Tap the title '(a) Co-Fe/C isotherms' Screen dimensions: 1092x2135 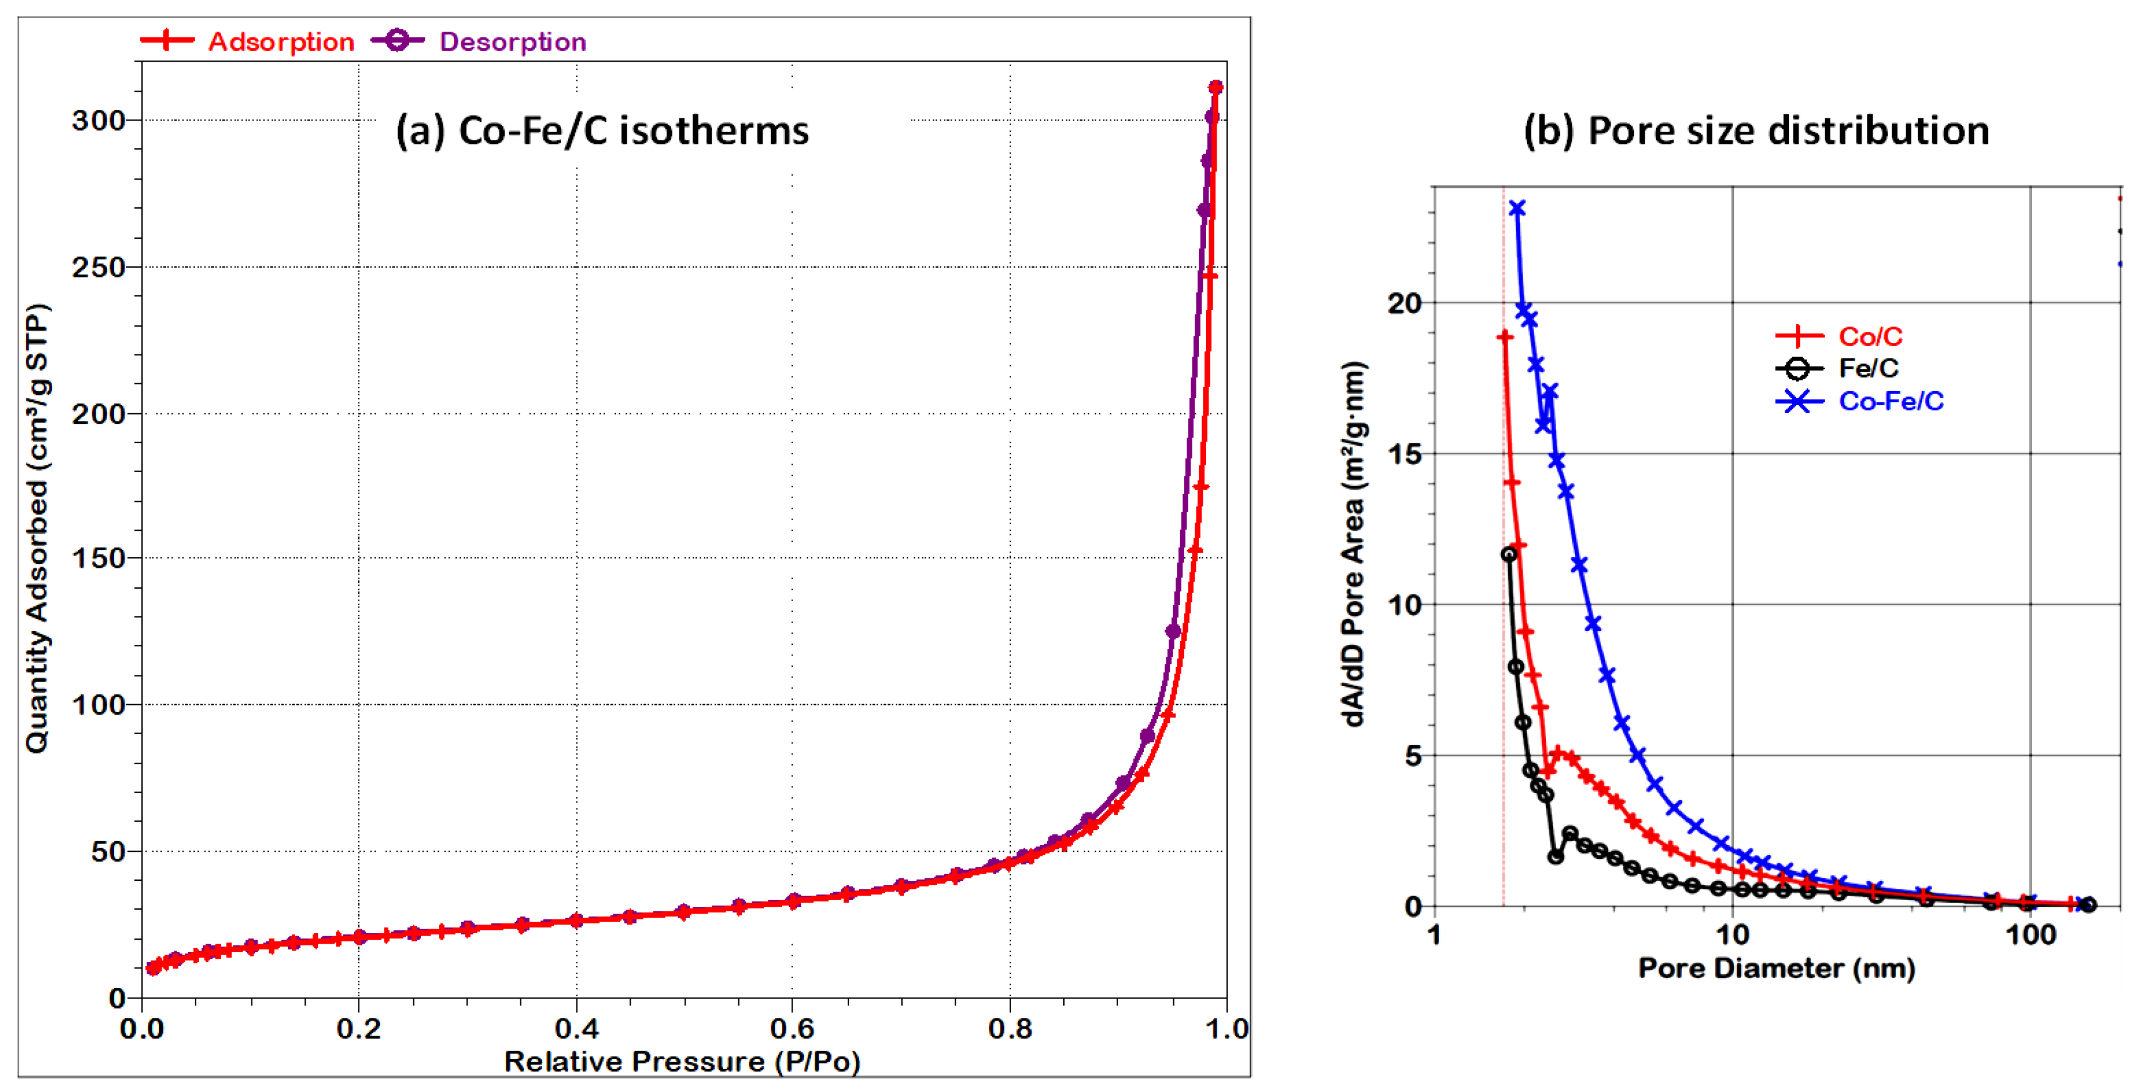pyautogui.click(x=602, y=130)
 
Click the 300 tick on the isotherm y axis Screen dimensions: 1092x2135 pyautogui.click(x=98, y=121)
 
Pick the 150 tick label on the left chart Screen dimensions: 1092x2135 pyautogui.click(x=98, y=558)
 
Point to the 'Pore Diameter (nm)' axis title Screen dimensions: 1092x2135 pyautogui.click(x=1776, y=967)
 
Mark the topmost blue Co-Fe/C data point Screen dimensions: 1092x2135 pyautogui.click(x=1517, y=208)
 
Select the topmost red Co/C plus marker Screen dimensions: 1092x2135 pyautogui.click(x=1505, y=337)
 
